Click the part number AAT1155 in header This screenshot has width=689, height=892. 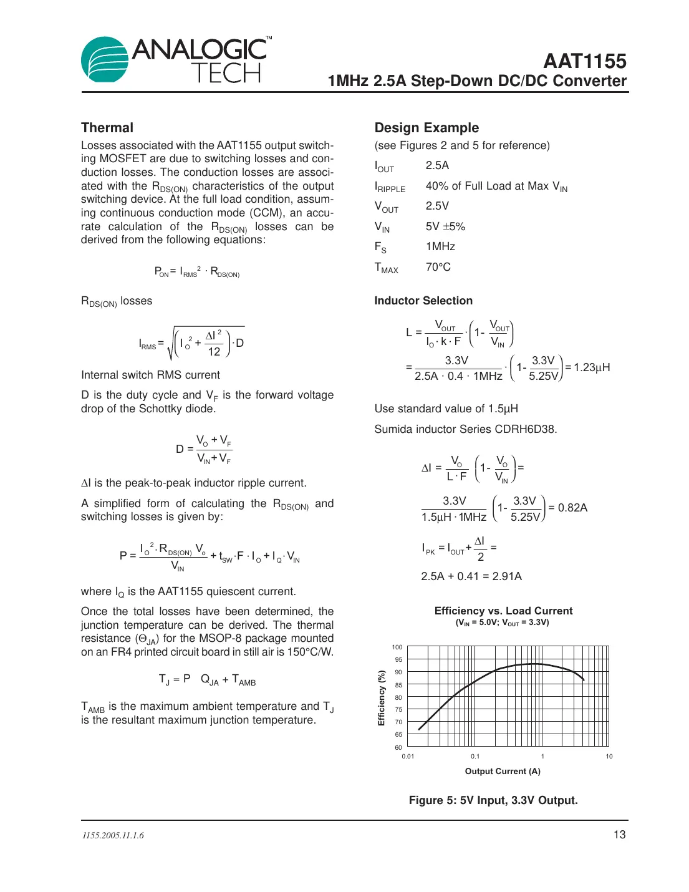pyautogui.click(x=584, y=61)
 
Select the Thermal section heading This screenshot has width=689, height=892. pyautogui.click(x=107, y=128)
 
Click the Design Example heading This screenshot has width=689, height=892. pyautogui.click(x=426, y=128)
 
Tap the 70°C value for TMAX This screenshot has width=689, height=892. pyautogui.click(x=438, y=267)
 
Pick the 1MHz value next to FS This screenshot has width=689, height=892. pyautogui.click(x=440, y=246)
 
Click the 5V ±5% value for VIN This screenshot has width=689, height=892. pyautogui.click(x=445, y=226)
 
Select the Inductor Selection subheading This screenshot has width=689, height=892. pyautogui.click(x=423, y=301)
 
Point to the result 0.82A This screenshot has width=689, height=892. pyautogui.click(x=572, y=508)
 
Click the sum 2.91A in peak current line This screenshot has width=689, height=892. pyautogui.click(x=506, y=576)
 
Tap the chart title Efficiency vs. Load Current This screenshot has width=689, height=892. pyautogui.click(x=503, y=611)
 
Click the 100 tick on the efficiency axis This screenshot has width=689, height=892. pyautogui.click(x=397, y=647)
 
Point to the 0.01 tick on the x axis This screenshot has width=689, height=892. pyautogui.click(x=408, y=757)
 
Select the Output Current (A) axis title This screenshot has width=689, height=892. pyautogui.click(x=503, y=772)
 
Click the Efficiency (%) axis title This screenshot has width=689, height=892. pyautogui.click(x=382, y=698)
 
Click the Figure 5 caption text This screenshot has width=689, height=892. pyautogui.click(x=493, y=800)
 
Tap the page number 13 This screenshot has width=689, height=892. pyautogui.click(x=619, y=835)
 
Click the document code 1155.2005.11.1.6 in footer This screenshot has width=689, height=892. pyautogui.click(x=113, y=836)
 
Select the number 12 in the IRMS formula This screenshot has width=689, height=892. pyautogui.click(x=214, y=352)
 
